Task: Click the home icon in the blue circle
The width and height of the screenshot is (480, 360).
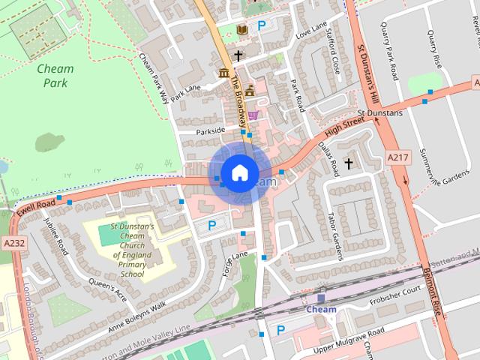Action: [x=239, y=172]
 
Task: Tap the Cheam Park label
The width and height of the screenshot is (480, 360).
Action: [x=55, y=76]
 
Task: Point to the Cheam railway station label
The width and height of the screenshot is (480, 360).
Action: [x=321, y=308]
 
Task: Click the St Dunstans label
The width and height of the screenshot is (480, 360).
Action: [x=379, y=113]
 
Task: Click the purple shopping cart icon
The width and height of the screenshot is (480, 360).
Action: [x=254, y=115]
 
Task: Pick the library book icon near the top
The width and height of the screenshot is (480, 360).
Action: [x=241, y=29]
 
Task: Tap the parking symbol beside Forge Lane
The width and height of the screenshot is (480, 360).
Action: [x=211, y=225]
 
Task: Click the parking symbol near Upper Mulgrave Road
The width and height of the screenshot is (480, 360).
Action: [x=280, y=329]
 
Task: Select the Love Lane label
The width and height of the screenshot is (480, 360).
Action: [x=312, y=31]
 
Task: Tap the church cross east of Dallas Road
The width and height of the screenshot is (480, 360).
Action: [x=348, y=163]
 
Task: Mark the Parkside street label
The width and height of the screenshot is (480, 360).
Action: [x=209, y=130]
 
